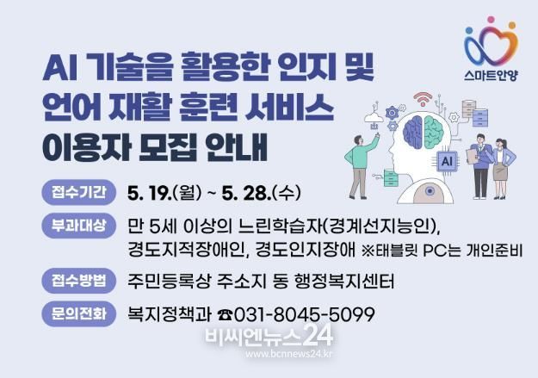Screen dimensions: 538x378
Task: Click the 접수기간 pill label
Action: (78, 192)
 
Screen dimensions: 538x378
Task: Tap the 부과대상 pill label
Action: (78, 226)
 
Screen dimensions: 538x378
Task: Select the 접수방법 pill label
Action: (78, 281)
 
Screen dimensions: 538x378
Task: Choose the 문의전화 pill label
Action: (78, 313)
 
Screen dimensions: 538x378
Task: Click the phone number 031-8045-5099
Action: (305, 314)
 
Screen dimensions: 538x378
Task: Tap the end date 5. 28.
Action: (247, 193)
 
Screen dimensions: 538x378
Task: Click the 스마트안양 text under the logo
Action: (491, 75)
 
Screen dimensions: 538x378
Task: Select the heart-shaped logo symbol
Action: (492, 41)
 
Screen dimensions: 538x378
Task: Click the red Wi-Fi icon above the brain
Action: (423, 99)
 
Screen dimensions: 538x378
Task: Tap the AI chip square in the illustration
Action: (447, 161)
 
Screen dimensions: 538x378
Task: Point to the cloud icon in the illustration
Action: (374, 118)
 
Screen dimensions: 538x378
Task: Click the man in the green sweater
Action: (361, 165)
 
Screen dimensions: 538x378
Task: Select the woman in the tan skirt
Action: (503, 168)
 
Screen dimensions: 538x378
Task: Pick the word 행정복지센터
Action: (344, 282)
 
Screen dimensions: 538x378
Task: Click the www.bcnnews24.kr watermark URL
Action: (288, 354)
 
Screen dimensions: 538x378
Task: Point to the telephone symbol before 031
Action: (226, 315)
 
